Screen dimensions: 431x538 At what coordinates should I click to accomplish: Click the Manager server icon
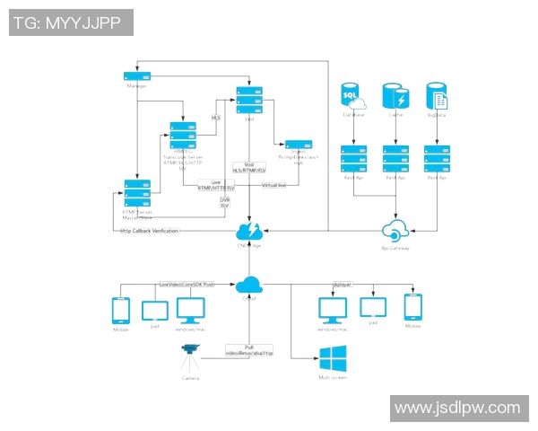(x=136, y=76)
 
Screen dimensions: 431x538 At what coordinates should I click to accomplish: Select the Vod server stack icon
(x=249, y=93)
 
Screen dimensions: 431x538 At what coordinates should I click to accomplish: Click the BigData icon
(x=437, y=96)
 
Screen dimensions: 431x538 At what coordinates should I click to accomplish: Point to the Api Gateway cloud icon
(x=395, y=229)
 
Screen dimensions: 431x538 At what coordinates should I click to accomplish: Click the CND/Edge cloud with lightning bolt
(x=248, y=229)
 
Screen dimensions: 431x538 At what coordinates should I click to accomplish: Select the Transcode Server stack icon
(x=182, y=135)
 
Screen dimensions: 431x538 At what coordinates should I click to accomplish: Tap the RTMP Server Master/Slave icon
(x=137, y=194)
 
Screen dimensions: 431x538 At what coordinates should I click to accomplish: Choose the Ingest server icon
(x=298, y=145)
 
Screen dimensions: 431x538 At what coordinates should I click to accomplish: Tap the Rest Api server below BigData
(x=437, y=159)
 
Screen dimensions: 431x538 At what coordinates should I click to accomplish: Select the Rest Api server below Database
(x=353, y=159)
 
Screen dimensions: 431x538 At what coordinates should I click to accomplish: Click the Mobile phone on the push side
(x=121, y=311)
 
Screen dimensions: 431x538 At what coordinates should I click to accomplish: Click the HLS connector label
(x=215, y=118)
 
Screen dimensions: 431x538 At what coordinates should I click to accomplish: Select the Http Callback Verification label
(x=150, y=232)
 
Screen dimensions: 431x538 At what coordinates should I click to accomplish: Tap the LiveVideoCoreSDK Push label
(x=187, y=284)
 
